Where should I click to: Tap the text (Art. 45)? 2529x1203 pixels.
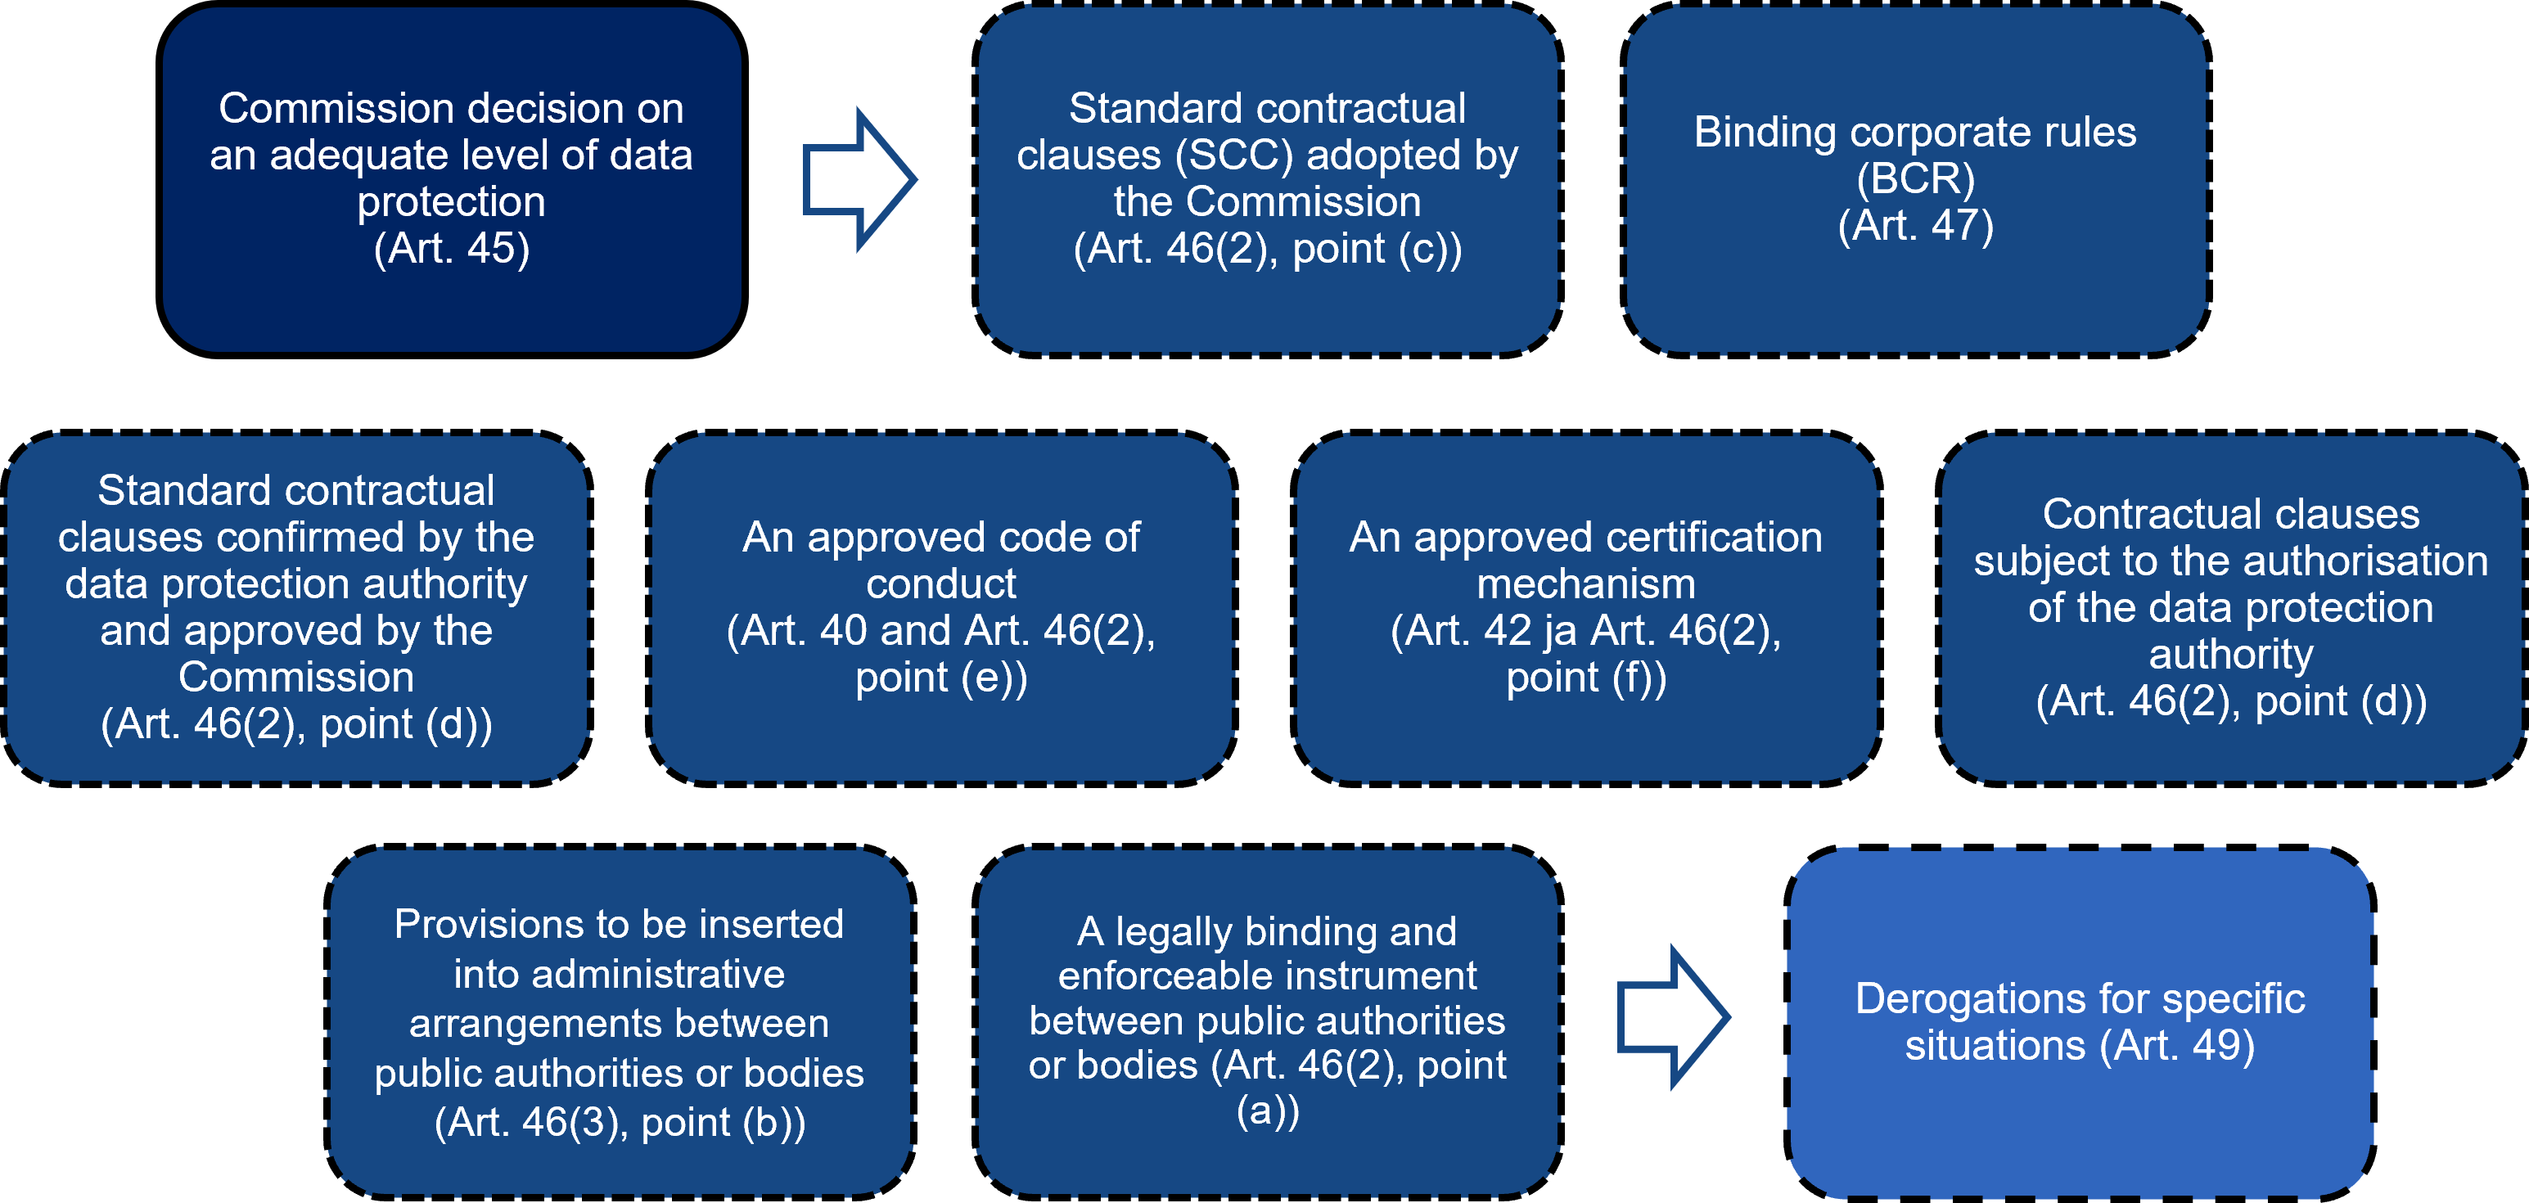pos(452,249)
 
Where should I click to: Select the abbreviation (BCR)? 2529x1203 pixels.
pos(1915,178)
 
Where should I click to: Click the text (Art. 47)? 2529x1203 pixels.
pos(1915,226)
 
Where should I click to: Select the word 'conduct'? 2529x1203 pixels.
pos(940,584)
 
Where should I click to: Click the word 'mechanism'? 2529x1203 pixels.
pos(1585,584)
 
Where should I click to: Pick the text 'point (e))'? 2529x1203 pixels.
pos(940,678)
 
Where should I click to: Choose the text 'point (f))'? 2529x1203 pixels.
pos(1585,678)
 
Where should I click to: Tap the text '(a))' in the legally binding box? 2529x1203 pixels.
pos(1268,1111)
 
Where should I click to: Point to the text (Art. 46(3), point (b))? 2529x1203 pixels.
pos(620,1123)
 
